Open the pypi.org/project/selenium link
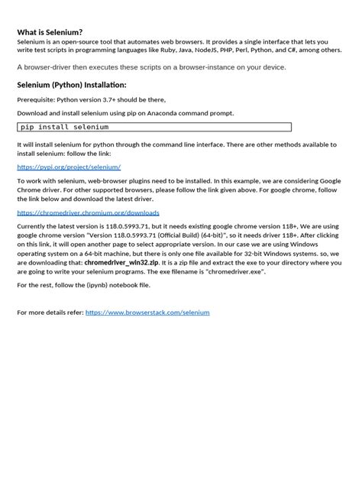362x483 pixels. (69, 166)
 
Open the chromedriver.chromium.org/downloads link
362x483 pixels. (88, 213)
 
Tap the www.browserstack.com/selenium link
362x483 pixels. (147, 312)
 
